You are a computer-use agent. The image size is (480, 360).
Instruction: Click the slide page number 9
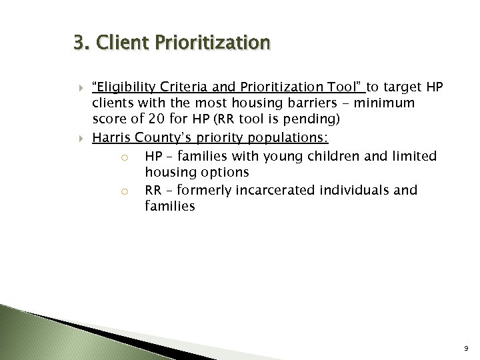467,347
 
